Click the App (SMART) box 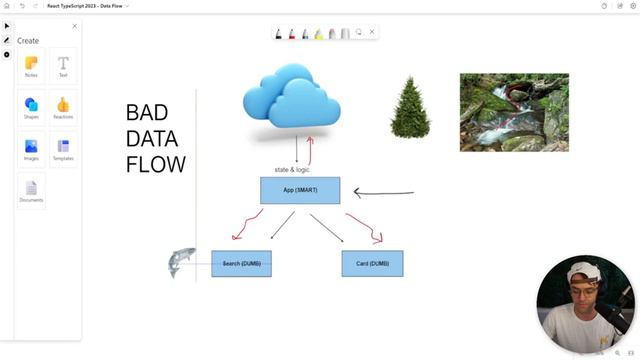300,190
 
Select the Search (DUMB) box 241,263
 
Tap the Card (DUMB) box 372,263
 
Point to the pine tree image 410,108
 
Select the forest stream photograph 514,112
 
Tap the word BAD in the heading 147,113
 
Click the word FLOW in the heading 155,164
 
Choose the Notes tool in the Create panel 31,66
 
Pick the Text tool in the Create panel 63,66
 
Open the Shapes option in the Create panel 31,107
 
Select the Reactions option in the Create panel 63,107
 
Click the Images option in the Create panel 31,149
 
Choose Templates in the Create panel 63,149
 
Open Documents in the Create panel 31,190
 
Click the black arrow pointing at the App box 384,193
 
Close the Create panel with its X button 74,26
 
